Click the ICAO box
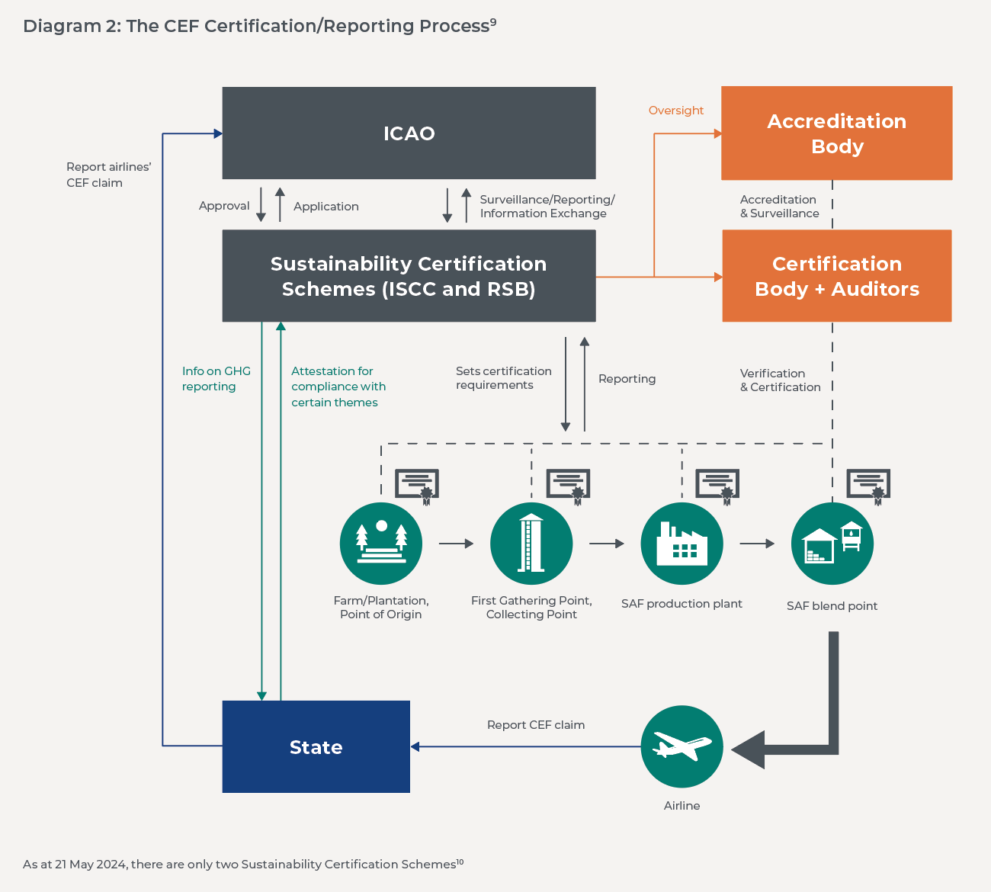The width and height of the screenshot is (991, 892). point(409,133)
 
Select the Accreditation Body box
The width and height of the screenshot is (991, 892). point(836,133)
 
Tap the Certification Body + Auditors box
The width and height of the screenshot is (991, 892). point(836,276)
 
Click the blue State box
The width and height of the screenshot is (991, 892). point(316,747)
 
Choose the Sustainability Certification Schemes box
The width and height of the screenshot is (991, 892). point(409,276)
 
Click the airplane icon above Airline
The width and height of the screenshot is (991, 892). point(682,746)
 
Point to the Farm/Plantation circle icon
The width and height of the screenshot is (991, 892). point(380,544)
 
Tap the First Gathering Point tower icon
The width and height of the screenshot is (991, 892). point(531,544)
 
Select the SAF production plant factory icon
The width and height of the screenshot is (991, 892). point(682,544)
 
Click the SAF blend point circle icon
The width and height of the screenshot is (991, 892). point(832,544)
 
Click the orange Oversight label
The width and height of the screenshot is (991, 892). point(675,111)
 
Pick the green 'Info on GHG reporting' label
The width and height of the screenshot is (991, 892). point(216,379)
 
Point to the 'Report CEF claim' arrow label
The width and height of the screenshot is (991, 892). point(536,725)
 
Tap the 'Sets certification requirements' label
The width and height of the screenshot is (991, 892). point(503,378)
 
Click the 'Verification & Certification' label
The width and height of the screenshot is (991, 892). point(780,380)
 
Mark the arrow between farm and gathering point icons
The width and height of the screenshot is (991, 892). point(456,544)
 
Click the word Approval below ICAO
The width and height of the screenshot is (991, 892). point(224,206)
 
